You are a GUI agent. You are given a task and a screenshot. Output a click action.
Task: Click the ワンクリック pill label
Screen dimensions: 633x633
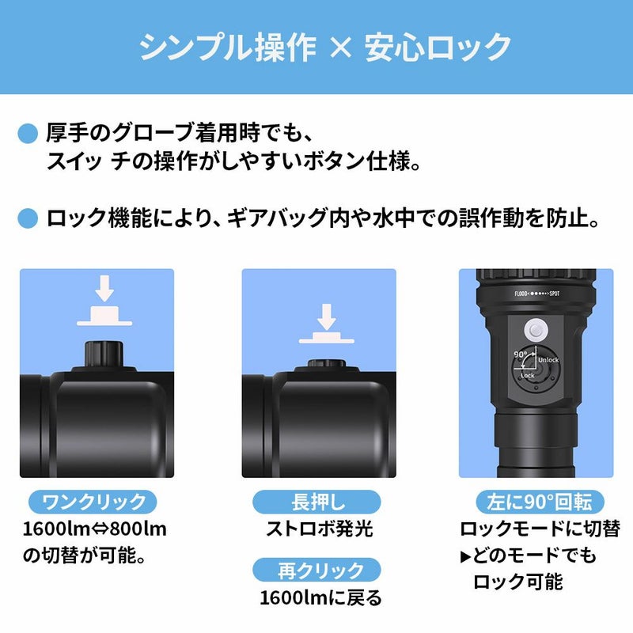93,502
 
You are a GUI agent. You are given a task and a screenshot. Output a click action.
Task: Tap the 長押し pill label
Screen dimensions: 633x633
316,502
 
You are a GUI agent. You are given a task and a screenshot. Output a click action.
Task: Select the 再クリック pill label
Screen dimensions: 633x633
316,570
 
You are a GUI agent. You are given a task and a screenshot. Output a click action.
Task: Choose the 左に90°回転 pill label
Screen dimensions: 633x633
540,502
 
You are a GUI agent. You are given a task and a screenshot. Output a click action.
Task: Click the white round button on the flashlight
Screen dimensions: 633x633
536,331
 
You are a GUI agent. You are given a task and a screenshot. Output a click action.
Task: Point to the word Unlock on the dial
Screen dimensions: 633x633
548,360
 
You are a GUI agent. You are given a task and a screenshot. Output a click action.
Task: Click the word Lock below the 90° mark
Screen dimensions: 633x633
527,375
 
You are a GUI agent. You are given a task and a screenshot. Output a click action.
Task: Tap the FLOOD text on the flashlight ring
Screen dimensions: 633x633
521,294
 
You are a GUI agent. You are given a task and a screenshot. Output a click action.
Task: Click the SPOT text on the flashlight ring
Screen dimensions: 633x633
555,294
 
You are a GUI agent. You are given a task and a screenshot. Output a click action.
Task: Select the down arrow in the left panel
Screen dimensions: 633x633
104,288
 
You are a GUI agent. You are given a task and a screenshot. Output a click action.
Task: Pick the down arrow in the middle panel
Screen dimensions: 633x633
326,316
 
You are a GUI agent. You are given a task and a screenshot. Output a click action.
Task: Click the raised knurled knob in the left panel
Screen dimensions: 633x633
104,354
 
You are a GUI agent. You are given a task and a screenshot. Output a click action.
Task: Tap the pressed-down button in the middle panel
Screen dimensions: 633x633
327,363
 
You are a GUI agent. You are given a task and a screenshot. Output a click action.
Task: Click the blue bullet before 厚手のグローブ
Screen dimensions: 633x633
28,134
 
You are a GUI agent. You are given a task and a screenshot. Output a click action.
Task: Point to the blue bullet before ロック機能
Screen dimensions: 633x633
28,218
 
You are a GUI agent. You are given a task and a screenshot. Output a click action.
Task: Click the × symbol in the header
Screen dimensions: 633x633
340,48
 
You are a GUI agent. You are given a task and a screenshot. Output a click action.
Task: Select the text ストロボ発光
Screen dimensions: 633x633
320,529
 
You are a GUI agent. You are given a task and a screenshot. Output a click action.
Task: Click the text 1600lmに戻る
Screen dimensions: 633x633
320,598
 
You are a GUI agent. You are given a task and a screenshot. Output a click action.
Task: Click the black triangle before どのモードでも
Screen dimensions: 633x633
465,557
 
